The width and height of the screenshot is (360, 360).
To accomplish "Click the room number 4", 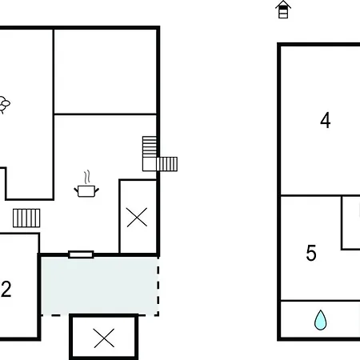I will click(325, 121).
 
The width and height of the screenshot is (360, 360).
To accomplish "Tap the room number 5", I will click(311, 254).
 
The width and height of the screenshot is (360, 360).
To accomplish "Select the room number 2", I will click(6, 290).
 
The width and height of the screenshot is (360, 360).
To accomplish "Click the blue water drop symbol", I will click(320, 321).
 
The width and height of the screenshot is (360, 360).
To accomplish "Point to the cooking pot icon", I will click(87, 190).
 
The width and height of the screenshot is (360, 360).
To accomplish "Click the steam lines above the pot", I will click(88, 175).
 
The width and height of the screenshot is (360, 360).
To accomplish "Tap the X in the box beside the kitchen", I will click(138, 217).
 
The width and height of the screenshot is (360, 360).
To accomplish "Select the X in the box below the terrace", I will click(104, 338).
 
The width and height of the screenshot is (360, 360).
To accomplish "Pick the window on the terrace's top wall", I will click(81, 254).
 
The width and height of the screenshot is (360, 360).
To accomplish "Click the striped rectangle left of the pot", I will click(26, 218).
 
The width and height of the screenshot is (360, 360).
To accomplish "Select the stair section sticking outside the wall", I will click(167, 164).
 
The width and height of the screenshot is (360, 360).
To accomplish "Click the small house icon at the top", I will click(282, 10).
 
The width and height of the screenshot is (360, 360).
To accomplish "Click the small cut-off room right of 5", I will click(352, 222).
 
